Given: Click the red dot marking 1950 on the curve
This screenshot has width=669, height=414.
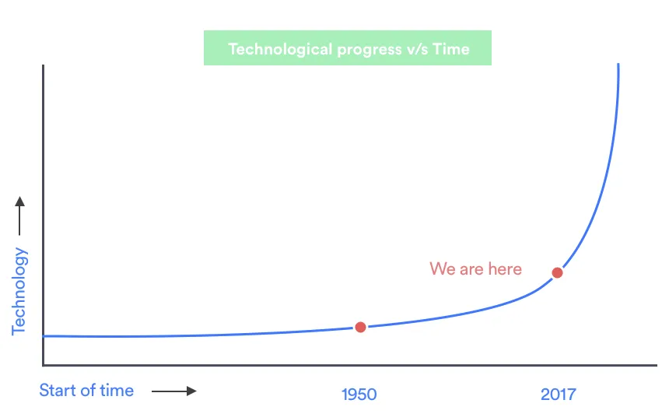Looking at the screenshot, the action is coord(360,328).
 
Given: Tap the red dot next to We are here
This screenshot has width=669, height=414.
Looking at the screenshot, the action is coord(557,272).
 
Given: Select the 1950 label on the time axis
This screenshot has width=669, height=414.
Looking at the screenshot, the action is coord(359,395).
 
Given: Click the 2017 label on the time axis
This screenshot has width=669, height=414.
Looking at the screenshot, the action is coord(558,395).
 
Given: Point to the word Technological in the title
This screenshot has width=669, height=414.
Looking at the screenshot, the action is coord(280,50).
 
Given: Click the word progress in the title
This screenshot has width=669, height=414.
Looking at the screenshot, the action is coord(370,51).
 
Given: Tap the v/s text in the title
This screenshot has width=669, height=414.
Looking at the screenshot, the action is coord(417,50).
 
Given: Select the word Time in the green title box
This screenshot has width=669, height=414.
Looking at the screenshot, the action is coord(451,49).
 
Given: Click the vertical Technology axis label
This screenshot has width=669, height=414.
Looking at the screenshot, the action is coord(19,291).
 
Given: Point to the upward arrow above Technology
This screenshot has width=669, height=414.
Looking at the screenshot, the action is coord(19,216).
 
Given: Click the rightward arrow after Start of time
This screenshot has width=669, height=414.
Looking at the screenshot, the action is coord(174,391).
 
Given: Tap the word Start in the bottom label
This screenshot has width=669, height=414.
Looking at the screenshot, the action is coord(57,391).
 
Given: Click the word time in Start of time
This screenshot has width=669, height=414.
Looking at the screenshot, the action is coord(117,391).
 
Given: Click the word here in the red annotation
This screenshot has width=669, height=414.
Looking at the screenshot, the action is coord(505,269).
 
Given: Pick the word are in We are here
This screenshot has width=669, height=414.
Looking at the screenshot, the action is coord(471,270).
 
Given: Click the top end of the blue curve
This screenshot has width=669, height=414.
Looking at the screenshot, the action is coord(618,64).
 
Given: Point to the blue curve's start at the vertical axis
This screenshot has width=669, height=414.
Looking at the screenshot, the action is coord(44,336).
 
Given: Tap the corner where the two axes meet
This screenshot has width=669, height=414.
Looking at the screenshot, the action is coord(43,365).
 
